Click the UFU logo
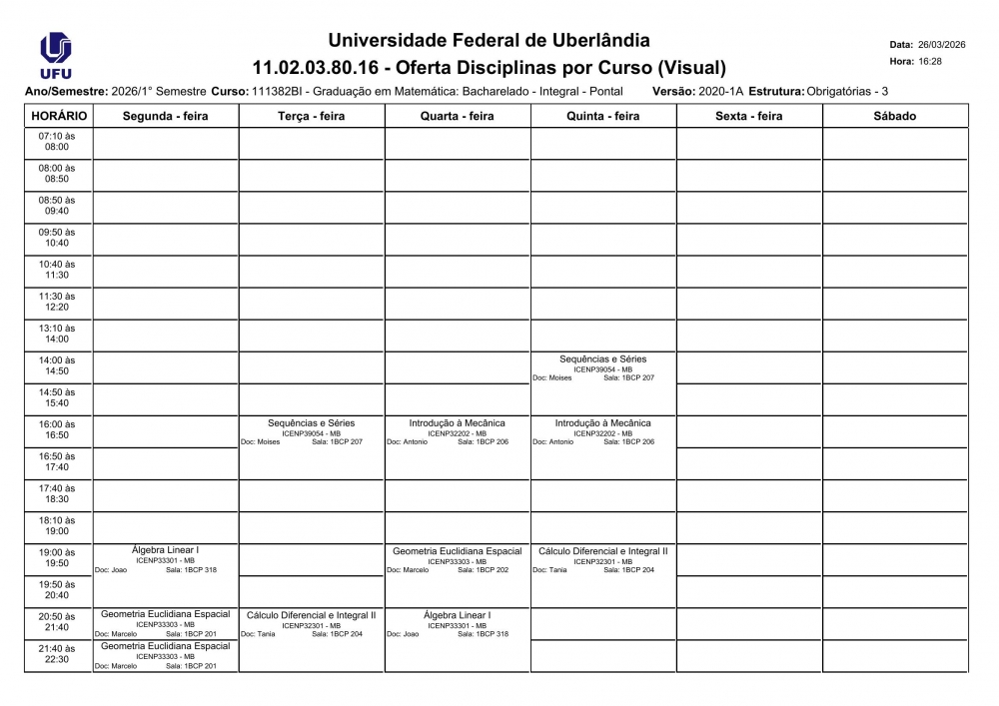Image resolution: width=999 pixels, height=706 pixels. (55, 56)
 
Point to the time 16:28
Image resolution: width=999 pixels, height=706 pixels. (929, 62)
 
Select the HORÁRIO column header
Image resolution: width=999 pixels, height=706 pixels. (59, 116)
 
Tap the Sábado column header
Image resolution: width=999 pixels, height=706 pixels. (894, 116)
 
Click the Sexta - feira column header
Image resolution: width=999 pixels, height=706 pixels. (748, 116)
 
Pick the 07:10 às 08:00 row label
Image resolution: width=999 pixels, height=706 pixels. (57, 141)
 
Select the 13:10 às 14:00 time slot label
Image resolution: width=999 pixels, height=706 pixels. (57, 334)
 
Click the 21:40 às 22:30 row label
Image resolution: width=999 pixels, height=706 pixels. (57, 654)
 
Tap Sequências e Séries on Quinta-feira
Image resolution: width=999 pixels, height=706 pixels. (602, 359)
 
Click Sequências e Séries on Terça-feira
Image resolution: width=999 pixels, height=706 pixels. (311, 423)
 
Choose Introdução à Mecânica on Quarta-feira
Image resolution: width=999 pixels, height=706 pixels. (457, 423)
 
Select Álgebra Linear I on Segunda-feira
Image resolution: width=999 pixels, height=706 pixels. (165, 550)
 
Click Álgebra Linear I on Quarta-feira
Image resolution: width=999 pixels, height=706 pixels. (457, 615)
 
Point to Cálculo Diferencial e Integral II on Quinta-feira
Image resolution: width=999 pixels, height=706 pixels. (602, 551)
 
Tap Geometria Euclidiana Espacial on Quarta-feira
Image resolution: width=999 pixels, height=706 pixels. (457, 551)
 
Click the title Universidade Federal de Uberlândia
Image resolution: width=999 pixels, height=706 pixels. (489, 41)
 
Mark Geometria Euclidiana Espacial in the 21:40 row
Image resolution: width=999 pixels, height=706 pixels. (165, 646)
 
